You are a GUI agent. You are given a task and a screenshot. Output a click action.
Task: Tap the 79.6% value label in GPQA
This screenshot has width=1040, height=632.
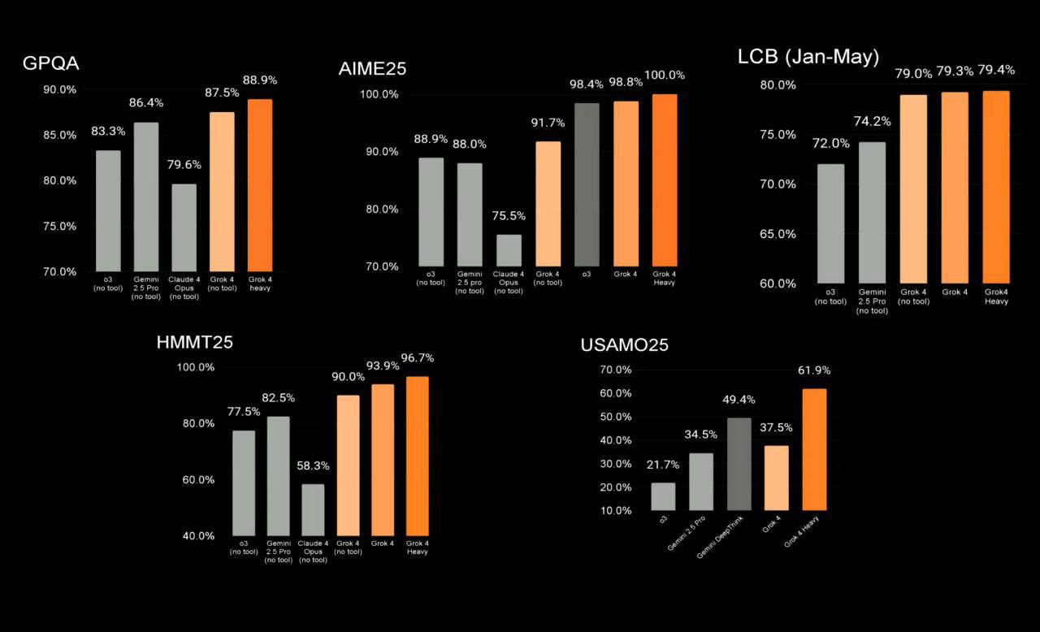pos(184,165)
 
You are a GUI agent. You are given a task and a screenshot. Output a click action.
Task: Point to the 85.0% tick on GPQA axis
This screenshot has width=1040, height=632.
pos(59,135)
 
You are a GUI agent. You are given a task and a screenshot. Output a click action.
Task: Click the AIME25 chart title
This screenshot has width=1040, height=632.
pos(372,69)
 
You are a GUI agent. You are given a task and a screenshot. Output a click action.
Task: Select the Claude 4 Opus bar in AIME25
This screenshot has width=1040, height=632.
pos(509,250)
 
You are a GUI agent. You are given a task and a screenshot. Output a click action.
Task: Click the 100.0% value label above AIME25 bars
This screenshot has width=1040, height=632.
pos(665,76)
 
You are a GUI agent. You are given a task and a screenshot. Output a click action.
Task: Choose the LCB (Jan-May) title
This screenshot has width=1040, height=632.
pos(808,57)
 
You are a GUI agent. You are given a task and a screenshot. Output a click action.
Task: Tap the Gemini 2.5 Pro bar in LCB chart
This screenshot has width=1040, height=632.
pos(873,212)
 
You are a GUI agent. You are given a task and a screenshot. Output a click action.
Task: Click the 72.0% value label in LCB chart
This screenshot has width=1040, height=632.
pos(830,144)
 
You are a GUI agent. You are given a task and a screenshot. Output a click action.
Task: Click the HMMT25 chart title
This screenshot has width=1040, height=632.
pos(194,342)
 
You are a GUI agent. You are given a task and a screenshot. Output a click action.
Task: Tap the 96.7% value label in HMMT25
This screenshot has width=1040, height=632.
pos(416,358)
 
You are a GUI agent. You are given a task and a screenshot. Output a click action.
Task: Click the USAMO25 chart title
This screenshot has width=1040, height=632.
pos(624,345)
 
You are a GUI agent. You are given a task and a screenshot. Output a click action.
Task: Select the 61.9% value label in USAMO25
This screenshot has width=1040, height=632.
pos(813,370)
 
